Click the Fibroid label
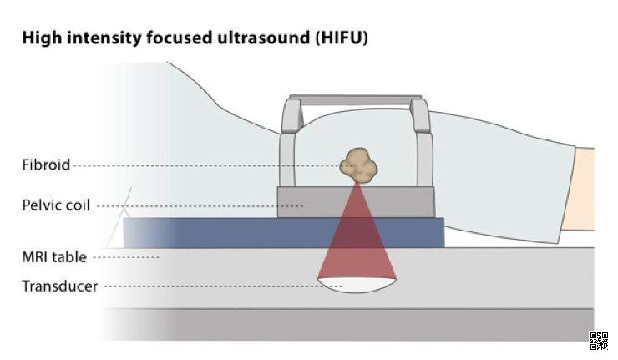tap(46, 165)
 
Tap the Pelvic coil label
tap(55, 205)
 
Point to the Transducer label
tap(59, 286)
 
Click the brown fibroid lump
tap(360, 165)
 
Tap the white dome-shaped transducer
tap(357, 284)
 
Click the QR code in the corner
tap(599, 339)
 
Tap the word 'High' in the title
tap(39, 38)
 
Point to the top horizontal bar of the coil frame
tap(356, 99)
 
